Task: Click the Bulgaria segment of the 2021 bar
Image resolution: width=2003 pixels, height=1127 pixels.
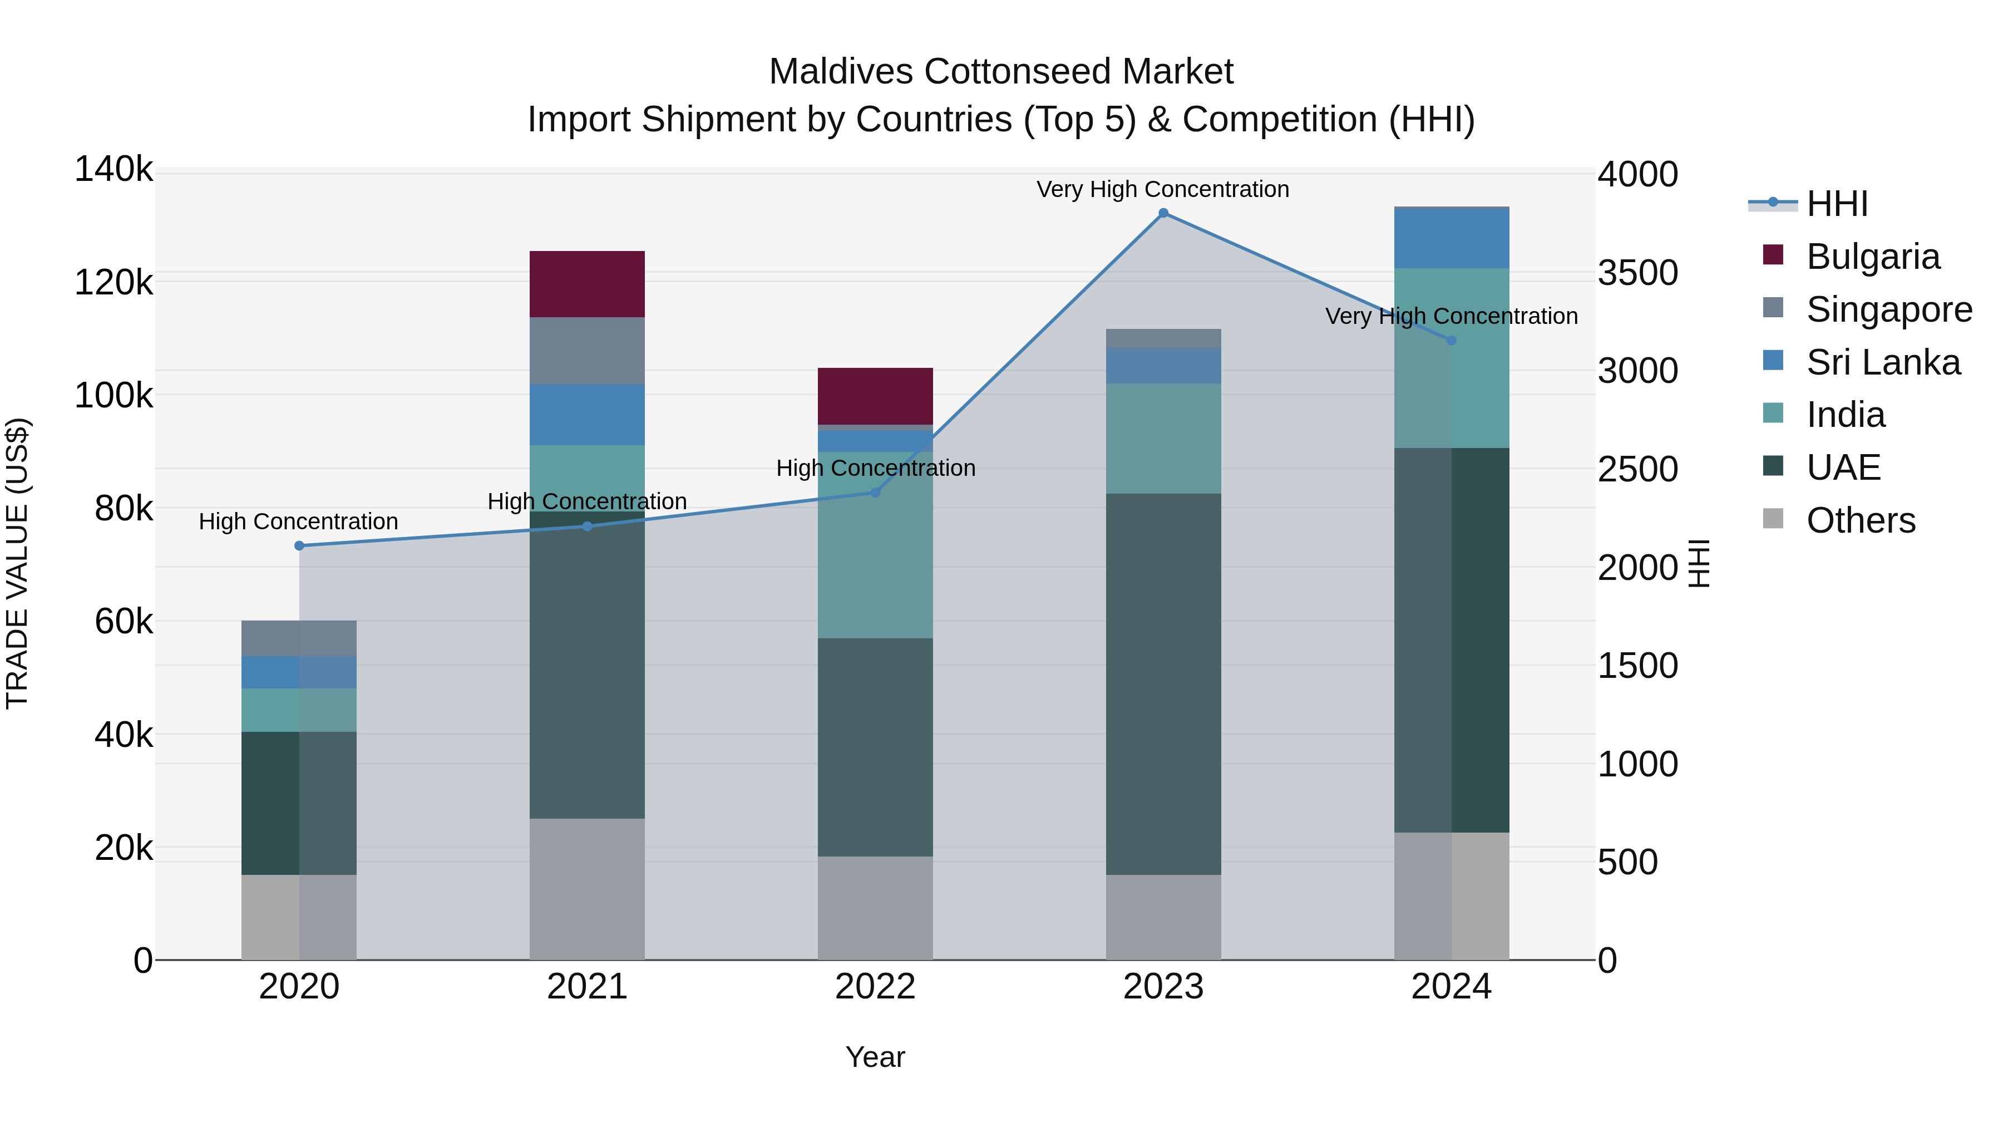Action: pos(587,284)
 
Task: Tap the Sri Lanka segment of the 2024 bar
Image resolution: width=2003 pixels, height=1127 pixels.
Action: pos(1451,239)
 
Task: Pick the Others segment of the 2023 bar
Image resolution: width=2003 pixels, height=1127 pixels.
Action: pos(1163,917)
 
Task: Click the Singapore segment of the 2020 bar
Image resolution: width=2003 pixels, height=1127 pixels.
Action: pos(299,638)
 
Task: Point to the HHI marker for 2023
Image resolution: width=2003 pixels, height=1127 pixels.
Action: pos(1163,213)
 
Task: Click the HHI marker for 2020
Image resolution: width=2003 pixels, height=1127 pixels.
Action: pos(299,546)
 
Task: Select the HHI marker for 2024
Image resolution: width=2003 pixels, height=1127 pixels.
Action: pos(1451,341)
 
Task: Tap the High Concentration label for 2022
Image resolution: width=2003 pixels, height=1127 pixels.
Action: pos(876,468)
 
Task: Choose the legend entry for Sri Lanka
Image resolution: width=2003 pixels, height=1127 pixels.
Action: pos(1882,362)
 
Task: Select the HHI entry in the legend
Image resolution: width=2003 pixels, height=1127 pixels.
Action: pos(1836,204)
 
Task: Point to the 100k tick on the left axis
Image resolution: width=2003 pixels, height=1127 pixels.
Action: pos(114,395)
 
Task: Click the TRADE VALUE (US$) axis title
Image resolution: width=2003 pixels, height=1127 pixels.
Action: pos(17,563)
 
